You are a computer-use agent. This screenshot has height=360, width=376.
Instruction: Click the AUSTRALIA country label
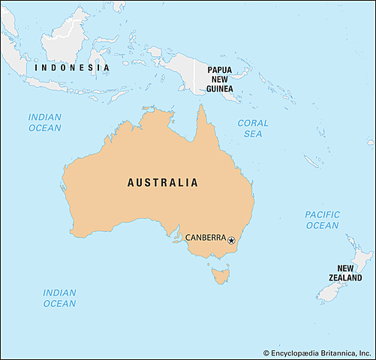163,182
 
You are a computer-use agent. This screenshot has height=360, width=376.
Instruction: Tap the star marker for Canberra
231,241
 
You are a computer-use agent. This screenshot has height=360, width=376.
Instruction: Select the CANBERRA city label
205,238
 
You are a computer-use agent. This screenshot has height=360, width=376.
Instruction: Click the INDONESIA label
72,67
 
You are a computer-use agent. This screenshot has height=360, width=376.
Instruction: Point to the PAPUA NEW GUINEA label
220,78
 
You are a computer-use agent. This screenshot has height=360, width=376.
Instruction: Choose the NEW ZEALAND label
344,273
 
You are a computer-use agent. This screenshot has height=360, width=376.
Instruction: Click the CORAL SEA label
253,127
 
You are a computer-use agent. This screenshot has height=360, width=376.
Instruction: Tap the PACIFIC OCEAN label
322,220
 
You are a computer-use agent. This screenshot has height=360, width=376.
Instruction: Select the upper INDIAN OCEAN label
44,122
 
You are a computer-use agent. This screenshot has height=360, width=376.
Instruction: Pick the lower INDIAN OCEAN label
59,298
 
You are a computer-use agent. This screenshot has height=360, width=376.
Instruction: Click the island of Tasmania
221,277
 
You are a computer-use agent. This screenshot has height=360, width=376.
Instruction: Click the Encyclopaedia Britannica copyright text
318,352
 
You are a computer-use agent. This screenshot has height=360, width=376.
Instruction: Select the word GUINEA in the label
220,88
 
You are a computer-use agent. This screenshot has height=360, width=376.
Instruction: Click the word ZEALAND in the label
344,277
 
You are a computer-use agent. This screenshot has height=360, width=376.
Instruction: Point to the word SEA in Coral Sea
253,133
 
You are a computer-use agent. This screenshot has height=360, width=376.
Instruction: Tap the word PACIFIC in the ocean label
322,214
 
